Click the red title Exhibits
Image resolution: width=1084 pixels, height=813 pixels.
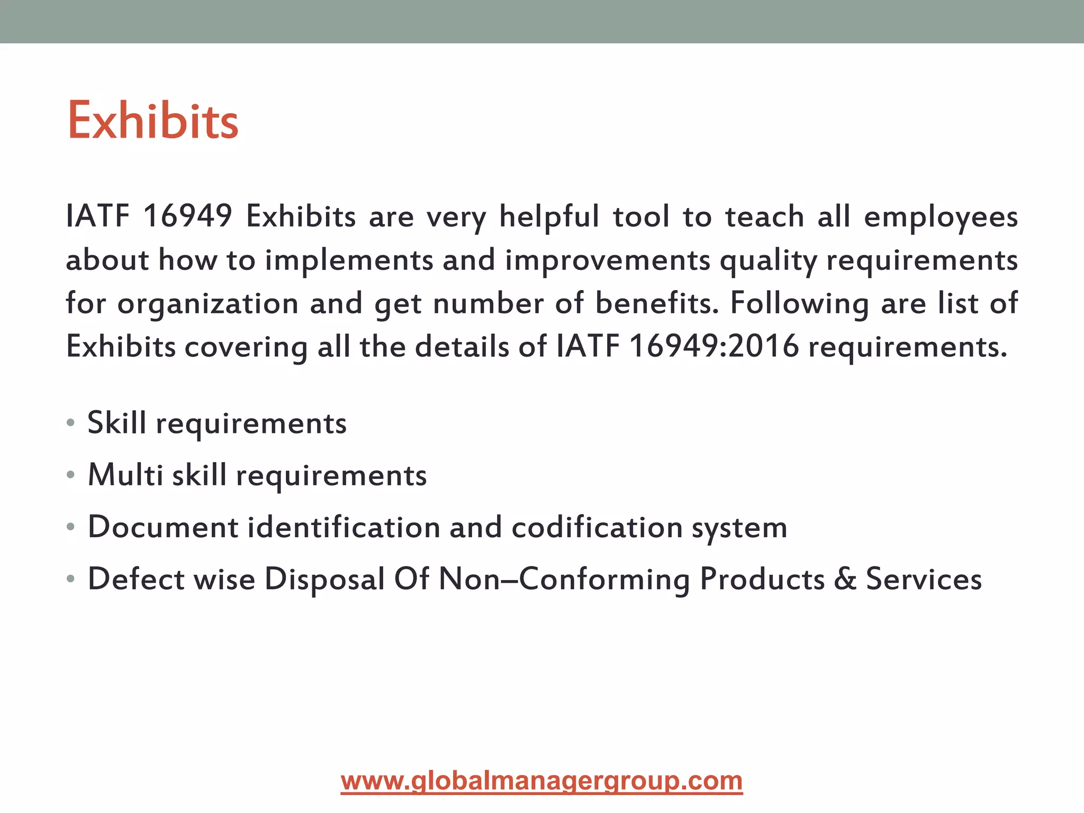click(153, 121)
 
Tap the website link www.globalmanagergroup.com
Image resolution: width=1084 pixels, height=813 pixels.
click(541, 781)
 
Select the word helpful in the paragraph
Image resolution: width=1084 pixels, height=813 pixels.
click(549, 217)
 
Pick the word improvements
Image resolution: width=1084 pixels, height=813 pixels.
click(608, 261)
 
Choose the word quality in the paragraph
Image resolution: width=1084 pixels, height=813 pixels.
click(768, 261)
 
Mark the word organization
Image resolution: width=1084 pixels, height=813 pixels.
click(208, 304)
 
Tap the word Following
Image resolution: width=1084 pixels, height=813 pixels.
click(799, 304)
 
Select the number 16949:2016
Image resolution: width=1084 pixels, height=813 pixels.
click(714, 347)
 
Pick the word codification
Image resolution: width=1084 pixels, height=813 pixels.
click(597, 527)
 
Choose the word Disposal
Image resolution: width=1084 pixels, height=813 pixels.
click(324, 579)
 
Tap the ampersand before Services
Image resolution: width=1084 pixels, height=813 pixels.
click(845, 579)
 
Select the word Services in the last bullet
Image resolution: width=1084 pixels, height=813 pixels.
click(924, 579)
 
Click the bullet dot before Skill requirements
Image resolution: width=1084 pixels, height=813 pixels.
click(71, 423)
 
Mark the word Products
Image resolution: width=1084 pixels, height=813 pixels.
click(762, 579)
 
